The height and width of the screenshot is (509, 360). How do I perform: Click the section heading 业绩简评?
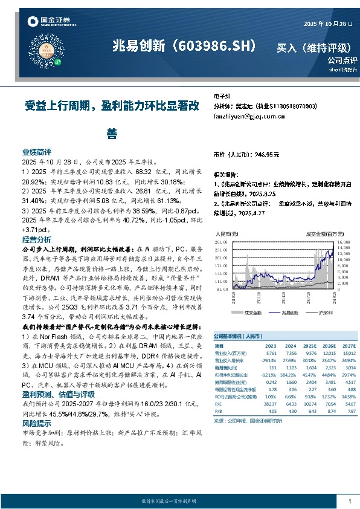pyautogui.click(x=37, y=153)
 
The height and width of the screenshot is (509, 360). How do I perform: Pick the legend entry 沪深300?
pyautogui.click(x=317, y=313)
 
